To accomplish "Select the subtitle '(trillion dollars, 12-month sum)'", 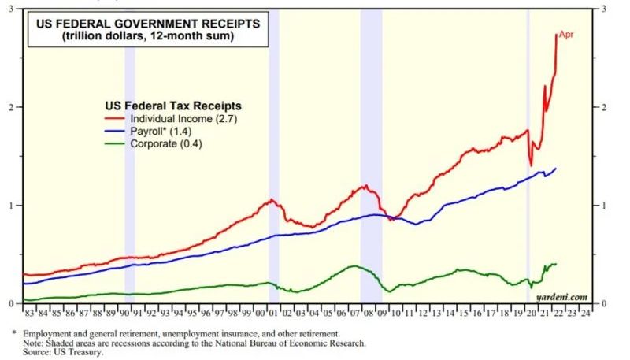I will pos(148,37).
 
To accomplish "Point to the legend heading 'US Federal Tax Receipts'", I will pos(172,104).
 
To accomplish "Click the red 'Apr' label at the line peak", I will pos(566,35).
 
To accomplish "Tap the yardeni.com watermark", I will pos(561,296).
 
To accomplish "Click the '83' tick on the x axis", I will pos(31,313).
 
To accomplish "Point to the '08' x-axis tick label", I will pos(368,313).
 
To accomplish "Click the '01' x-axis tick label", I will pos(273,313).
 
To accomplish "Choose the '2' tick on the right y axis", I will pos(603,107).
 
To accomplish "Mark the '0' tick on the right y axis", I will pos(603,304).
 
